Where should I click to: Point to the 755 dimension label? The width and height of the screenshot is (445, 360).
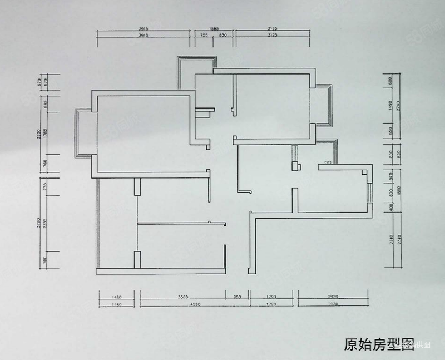(204, 35)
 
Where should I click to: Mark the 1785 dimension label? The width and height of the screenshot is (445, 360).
(46, 134)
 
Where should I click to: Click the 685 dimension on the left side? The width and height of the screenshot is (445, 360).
(46, 103)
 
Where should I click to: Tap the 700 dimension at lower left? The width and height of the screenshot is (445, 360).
(46, 259)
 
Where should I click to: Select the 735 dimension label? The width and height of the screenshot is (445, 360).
(46, 188)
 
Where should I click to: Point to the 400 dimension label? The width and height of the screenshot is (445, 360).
(390, 206)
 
